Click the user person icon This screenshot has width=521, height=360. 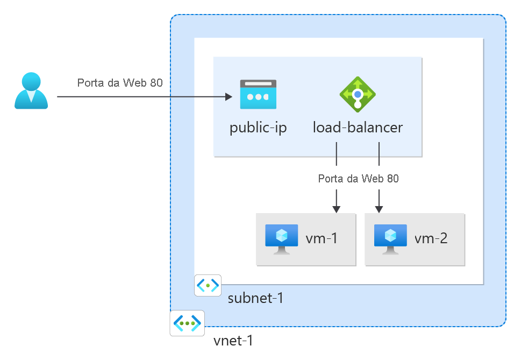tap(31, 91)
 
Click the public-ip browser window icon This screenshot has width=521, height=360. tap(258, 91)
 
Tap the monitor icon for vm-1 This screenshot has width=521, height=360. tap(282, 239)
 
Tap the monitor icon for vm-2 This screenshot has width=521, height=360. tap(390, 239)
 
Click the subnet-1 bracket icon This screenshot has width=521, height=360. tap(208, 286)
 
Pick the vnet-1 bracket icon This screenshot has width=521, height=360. tap(187, 323)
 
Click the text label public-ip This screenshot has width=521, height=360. tap(258, 128)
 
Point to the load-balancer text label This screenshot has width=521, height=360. tap(358, 128)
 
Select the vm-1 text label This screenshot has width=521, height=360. tap(322, 238)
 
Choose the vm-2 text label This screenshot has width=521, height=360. tap(431, 238)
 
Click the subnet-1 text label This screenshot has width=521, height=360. tap(255, 298)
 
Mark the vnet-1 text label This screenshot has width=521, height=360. tap(233, 341)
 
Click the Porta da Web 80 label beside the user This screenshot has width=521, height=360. tap(120, 83)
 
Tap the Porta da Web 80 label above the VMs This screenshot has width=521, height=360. tap(358, 179)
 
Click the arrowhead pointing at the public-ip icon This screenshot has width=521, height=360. tap(229, 97)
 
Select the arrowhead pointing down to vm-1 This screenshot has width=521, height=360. tap(337, 208)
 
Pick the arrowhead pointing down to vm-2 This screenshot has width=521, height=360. tap(379, 208)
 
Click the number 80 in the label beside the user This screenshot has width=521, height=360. tap(156, 83)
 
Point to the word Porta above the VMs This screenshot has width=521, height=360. tap(329, 179)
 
